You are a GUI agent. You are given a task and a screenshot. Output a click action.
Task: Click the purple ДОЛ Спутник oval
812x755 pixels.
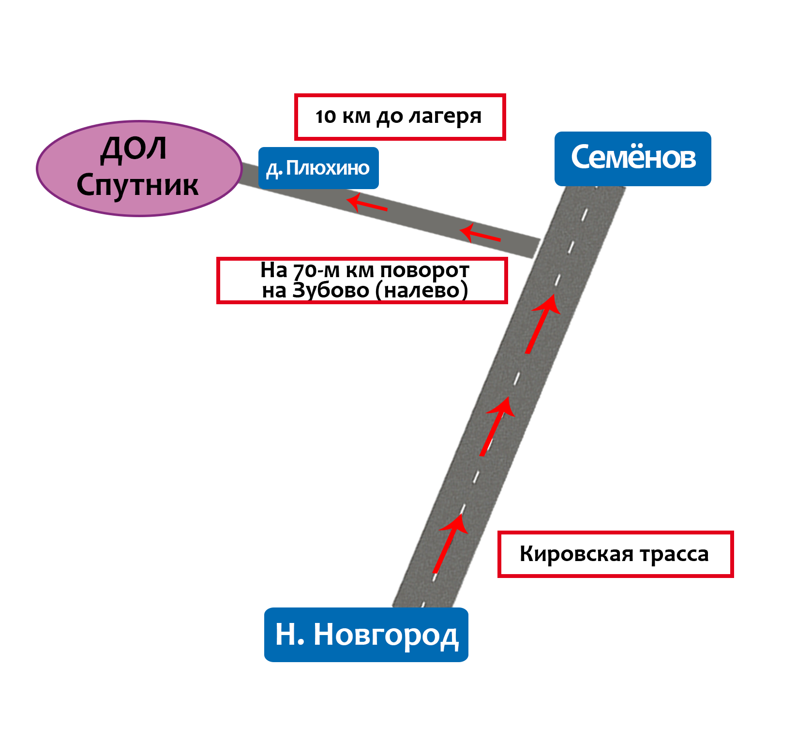(139, 168)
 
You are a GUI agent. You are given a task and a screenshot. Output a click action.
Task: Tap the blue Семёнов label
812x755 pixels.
(633, 159)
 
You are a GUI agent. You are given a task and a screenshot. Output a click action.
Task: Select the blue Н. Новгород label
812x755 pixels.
(366, 635)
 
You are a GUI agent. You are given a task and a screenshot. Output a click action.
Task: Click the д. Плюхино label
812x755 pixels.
(318, 168)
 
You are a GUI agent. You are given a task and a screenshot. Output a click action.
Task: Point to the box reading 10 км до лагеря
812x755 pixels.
(400, 117)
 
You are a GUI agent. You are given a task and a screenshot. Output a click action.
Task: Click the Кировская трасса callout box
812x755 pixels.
(616, 554)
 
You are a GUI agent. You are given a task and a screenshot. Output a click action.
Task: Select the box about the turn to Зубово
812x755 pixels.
(362, 281)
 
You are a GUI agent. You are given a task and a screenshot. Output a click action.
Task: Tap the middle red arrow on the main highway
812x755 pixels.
(497, 426)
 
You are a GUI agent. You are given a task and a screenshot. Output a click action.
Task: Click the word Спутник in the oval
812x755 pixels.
(137, 186)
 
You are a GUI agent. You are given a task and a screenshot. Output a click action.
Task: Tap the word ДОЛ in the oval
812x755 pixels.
(134, 149)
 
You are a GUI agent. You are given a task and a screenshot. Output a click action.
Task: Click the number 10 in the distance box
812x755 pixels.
(325, 117)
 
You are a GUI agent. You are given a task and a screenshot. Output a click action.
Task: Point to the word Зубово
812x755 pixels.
(331, 291)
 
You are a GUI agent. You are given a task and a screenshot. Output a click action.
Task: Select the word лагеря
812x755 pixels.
(445, 118)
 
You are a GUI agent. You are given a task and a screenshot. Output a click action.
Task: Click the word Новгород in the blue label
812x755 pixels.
(386, 636)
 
